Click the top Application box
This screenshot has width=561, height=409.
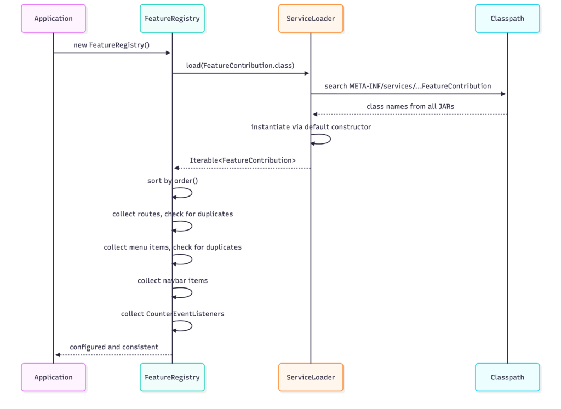click(x=53, y=19)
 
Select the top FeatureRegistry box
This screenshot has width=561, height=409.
click(x=172, y=19)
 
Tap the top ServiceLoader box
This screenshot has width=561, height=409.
click(x=311, y=19)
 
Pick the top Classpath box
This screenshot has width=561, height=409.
click(x=507, y=19)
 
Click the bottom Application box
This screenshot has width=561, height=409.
click(x=53, y=377)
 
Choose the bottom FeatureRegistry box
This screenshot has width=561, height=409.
click(x=172, y=377)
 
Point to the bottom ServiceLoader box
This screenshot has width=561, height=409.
click(x=311, y=377)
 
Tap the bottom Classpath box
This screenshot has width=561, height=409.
click(x=507, y=377)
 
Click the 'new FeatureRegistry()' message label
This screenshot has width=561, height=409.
click(x=112, y=45)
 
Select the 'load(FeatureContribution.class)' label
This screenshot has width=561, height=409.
click(x=240, y=65)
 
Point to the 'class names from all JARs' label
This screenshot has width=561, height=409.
click(x=410, y=107)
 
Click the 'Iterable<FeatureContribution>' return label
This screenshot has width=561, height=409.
click(x=243, y=160)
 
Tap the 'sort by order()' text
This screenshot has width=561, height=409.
click(x=173, y=181)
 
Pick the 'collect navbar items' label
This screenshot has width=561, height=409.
click(x=173, y=281)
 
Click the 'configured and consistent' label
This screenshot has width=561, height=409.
click(x=114, y=347)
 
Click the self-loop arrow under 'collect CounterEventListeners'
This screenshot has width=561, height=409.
click(x=192, y=326)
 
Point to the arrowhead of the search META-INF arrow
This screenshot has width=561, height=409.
click(x=503, y=94)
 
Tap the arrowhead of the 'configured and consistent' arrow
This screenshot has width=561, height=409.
click(x=58, y=355)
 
